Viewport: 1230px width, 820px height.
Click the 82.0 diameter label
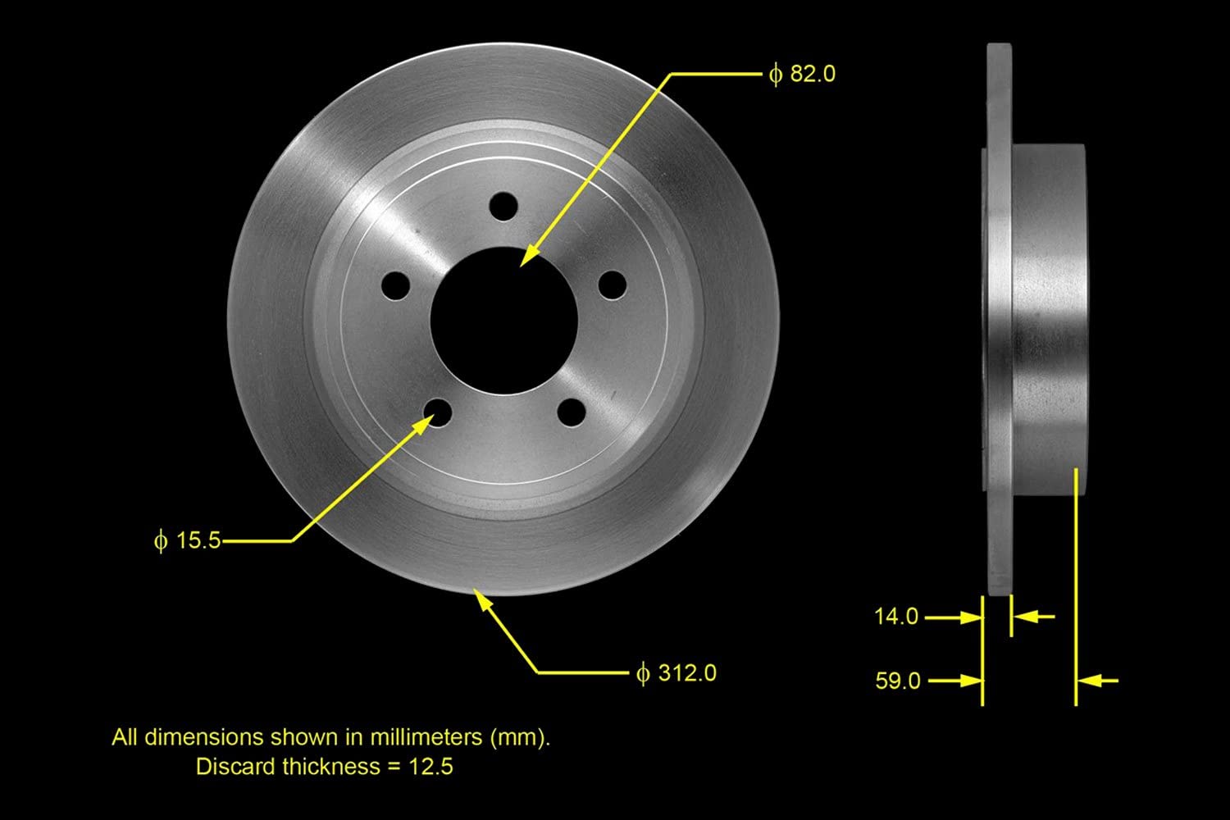(x=802, y=74)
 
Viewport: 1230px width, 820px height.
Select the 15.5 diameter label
(x=187, y=540)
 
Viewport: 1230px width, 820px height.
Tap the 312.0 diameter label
(x=676, y=672)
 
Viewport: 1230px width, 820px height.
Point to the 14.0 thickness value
(x=896, y=617)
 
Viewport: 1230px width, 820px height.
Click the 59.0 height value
(x=898, y=681)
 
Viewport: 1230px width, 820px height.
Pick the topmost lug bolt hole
(x=503, y=206)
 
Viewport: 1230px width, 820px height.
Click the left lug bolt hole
(x=395, y=285)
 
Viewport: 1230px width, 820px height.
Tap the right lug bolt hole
(x=613, y=285)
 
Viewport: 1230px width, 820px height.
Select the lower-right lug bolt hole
(x=572, y=412)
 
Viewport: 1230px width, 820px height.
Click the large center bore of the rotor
(x=504, y=321)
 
